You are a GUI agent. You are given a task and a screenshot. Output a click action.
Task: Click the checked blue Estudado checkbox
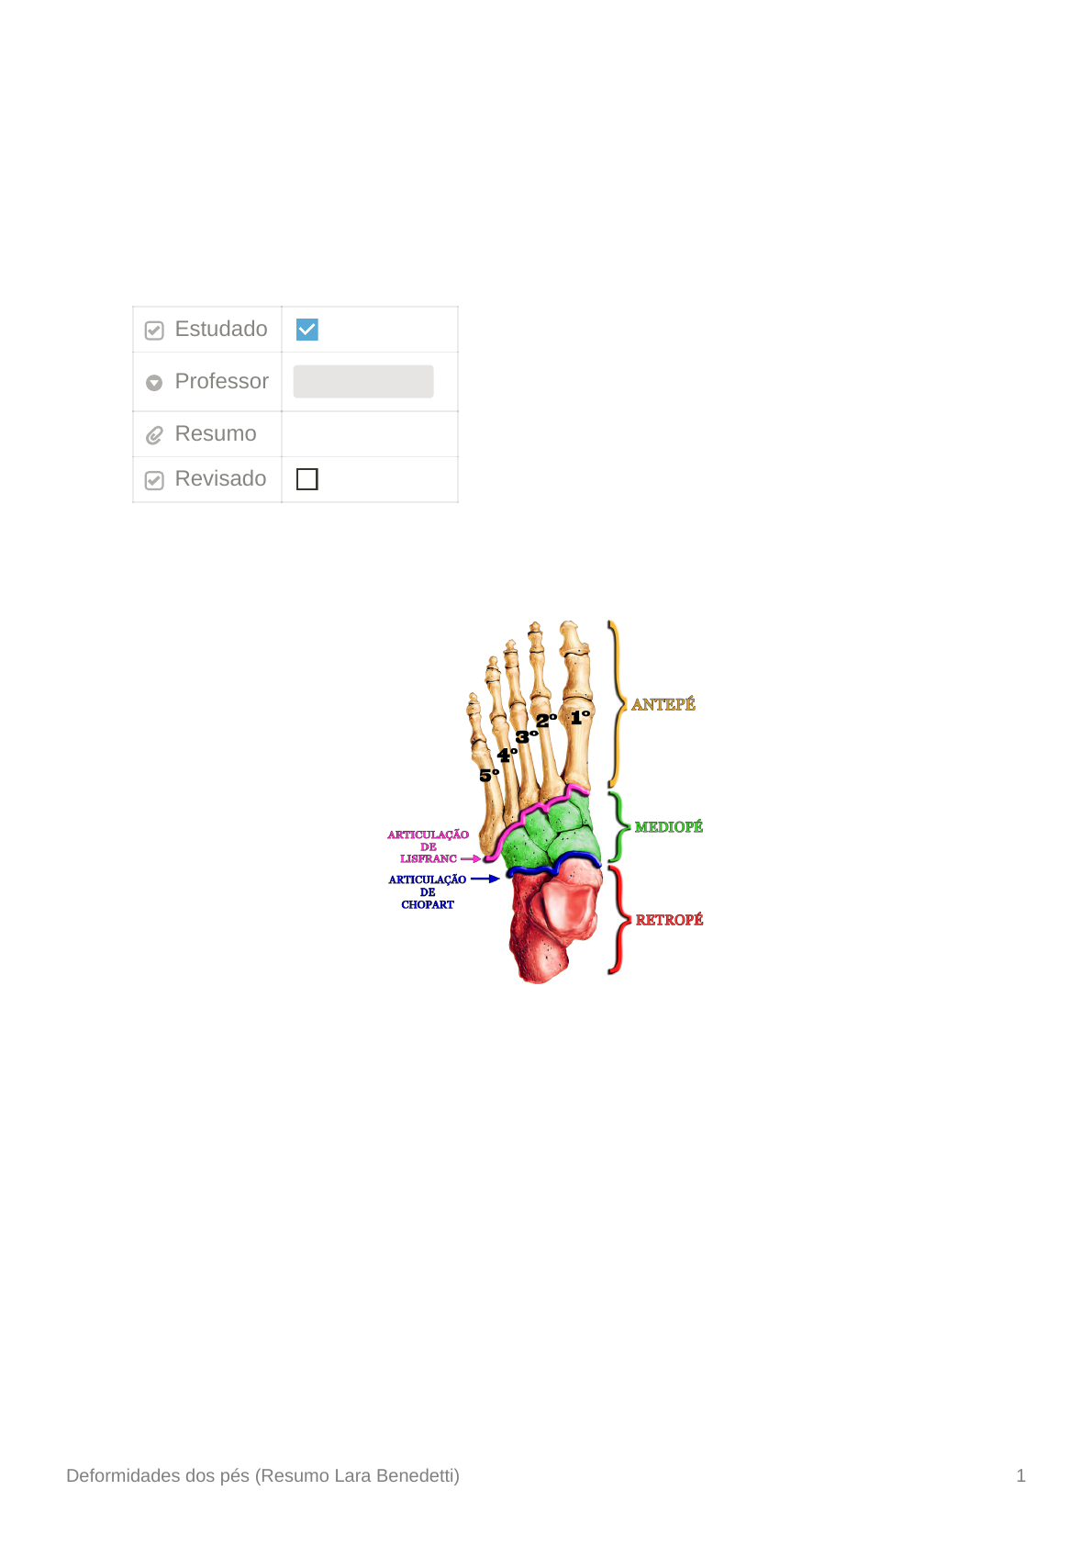point(306,330)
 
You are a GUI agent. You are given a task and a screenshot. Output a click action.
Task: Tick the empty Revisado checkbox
point(306,479)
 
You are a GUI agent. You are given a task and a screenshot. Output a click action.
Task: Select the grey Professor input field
point(363,382)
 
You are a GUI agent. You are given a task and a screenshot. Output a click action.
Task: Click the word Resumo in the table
point(216,433)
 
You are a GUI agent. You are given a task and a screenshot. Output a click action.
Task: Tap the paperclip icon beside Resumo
point(154,435)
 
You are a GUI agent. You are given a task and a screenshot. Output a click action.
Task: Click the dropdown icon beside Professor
point(154,383)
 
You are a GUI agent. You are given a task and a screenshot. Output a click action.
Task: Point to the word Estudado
point(221,330)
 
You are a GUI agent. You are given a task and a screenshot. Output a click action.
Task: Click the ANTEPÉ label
point(663,705)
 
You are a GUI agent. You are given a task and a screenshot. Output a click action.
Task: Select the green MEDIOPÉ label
point(668,827)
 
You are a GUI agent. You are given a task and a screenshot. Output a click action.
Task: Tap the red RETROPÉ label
point(669,920)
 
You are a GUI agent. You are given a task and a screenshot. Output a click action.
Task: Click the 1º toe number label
point(580,717)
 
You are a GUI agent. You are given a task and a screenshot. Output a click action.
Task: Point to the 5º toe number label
point(489,776)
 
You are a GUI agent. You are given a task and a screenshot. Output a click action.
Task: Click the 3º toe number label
point(526,736)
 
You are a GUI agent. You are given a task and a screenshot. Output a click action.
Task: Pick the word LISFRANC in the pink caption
point(428,859)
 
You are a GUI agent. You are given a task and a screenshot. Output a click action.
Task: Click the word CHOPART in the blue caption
point(428,905)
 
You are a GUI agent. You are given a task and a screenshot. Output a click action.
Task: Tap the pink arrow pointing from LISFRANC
point(471,859)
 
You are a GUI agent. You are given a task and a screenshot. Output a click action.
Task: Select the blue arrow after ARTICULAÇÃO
point(485,879)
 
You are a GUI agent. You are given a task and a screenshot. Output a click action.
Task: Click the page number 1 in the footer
point(1020,1476)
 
